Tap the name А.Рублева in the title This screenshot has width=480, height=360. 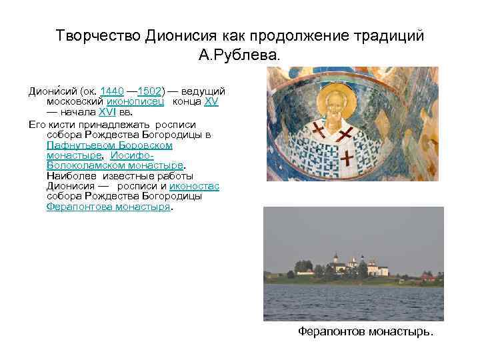pyautogui.click(x=240, y=54)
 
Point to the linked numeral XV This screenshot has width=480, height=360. pyautogui.click(x=211, y=101)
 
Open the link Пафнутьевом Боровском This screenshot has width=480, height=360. pyautogui.click(x=110, y=144)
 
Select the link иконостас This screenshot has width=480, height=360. pyautogui.click(x=194, y=186)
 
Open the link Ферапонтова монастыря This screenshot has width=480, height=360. pyautogui.click(x=109, y=207)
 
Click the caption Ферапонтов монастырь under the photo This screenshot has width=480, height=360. pyautogui.click(x=365, y=331)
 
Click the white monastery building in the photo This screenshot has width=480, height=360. pyautogui.click(x=346, y=266)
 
